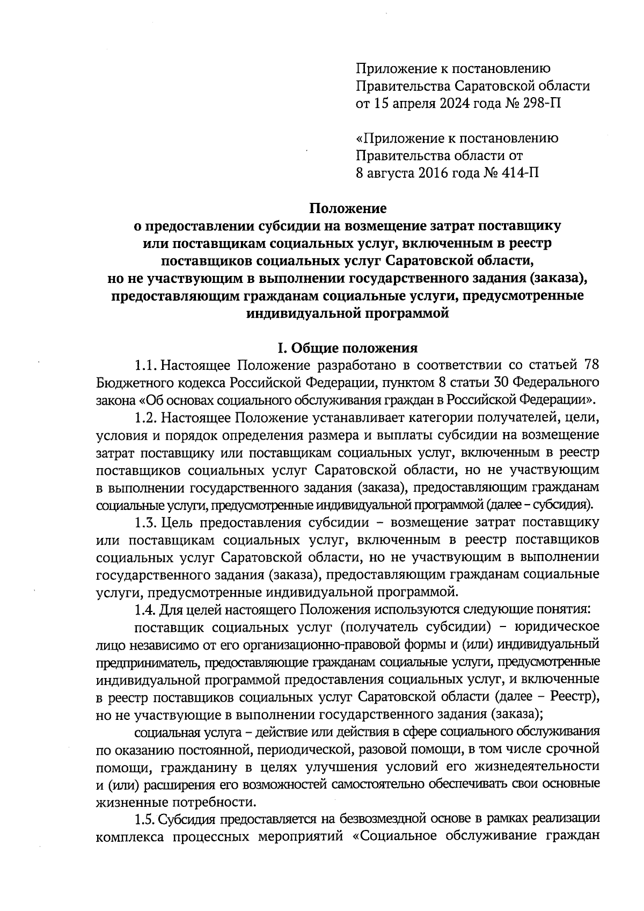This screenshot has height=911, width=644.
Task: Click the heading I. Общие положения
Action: pos(347,348)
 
